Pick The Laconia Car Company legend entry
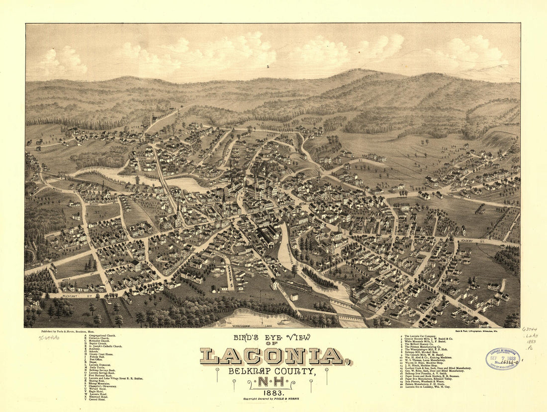click(x=423, y=336)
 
